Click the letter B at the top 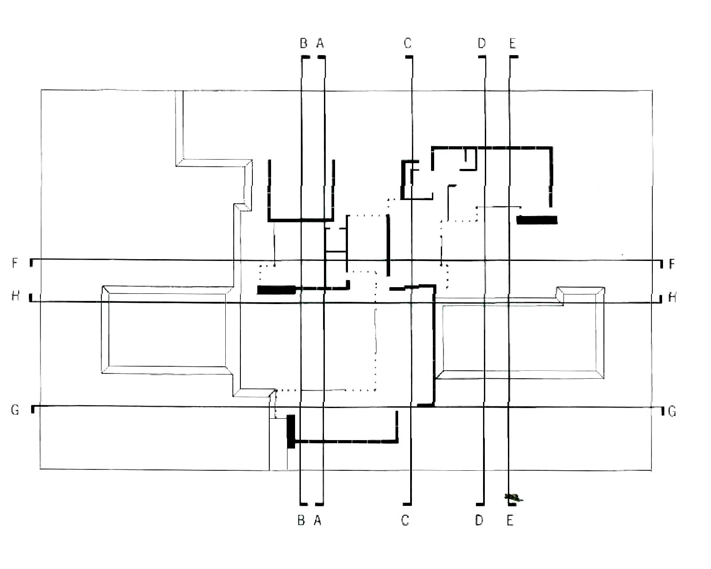pos(304,43)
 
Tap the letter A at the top pos(320,43)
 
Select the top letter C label pos(407,43)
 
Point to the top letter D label pos(482,43)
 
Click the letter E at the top pos(512,43)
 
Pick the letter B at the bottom pos(301,520)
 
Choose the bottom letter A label pos(317,520)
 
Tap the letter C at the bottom pos(405,520)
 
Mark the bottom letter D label pos(479,520)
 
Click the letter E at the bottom pos(510,520)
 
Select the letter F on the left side pos(15,263)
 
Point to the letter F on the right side pos(671,264)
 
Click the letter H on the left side pos(15,296)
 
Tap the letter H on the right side pos(672,297)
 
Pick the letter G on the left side pos(15,409)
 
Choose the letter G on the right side pos(672,411)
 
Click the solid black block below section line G pos(291,431)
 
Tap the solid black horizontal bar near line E pos(537,220)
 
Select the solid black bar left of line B pos(276,290)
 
